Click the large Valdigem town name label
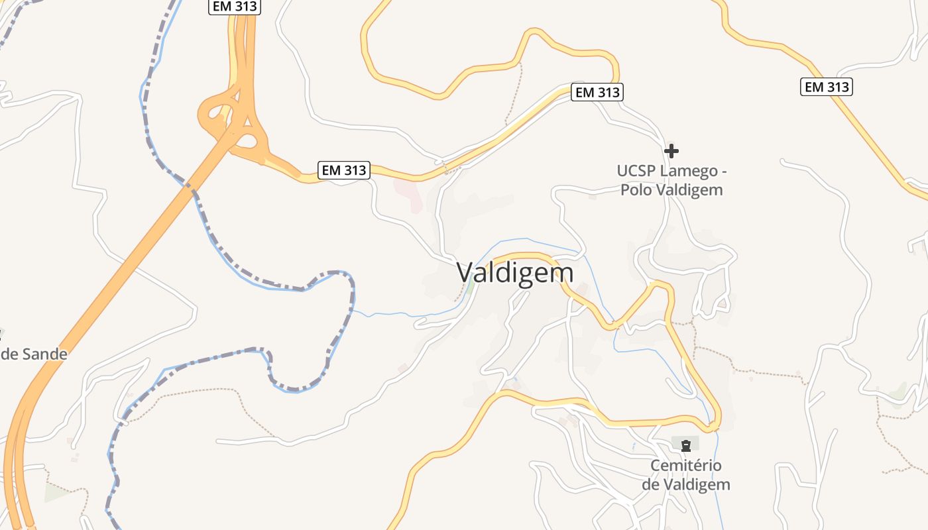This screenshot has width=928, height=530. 515,272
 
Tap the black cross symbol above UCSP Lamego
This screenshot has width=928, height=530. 671,150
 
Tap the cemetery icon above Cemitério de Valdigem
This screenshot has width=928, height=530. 686,445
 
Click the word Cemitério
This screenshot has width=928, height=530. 685,465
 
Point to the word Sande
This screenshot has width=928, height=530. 44,354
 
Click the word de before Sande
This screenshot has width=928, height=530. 9,354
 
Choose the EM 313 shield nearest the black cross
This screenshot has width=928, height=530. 598,92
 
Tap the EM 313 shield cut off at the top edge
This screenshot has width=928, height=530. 235,7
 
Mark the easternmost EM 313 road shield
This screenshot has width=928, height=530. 826,87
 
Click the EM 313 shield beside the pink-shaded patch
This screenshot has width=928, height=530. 343,170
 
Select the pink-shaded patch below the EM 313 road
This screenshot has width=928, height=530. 410,193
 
